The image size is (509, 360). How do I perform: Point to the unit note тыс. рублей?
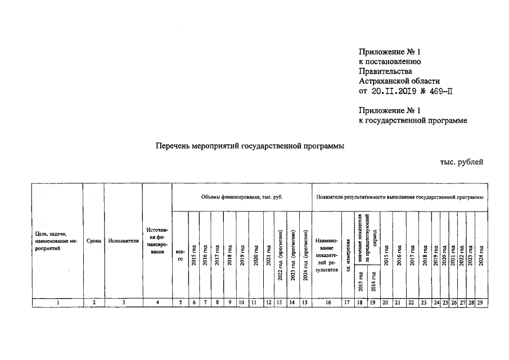pos(462,162)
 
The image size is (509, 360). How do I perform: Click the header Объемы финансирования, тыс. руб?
pos(242,197)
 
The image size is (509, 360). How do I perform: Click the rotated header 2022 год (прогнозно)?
pos(280,256)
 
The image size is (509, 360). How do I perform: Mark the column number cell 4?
pos(157,303)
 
